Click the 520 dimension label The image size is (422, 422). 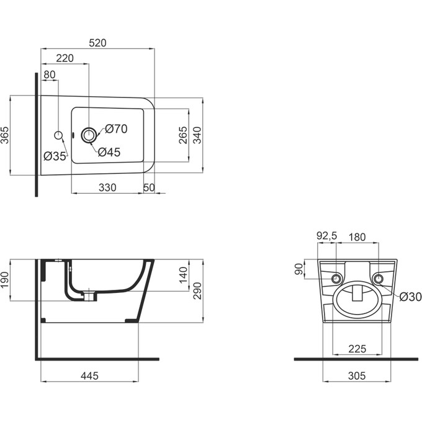(x=98, y=43)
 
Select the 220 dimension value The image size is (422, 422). (x=65, y=58)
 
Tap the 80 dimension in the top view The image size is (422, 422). (x=50, y=75)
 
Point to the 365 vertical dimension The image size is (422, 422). (x=6, y=135)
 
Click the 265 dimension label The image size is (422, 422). (x=183, y=135)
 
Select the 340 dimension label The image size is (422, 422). (x=198, y=135)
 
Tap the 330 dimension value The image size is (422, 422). (x=107, y=187)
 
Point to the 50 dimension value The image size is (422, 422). (x=149, y=187)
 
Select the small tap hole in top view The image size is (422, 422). (x=59, y=135)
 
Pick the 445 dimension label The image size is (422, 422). (x=89, y=376)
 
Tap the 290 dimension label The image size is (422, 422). (x=197, y=291)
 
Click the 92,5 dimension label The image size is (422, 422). (x=326, y=236)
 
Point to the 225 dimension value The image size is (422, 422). (x=356, y=349)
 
